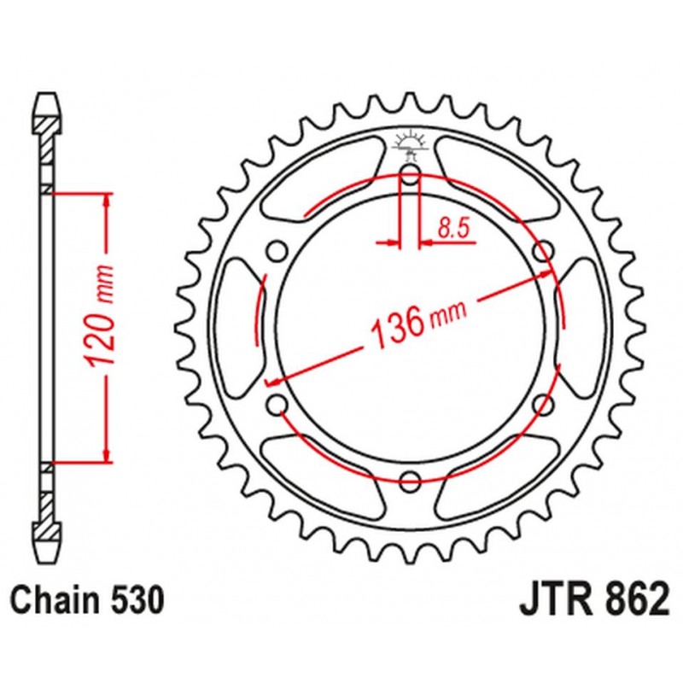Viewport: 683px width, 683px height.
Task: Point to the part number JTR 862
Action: (593, 601)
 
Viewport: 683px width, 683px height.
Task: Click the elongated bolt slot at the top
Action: (410, 180)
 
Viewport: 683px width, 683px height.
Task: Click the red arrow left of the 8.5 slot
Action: (388, 244)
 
